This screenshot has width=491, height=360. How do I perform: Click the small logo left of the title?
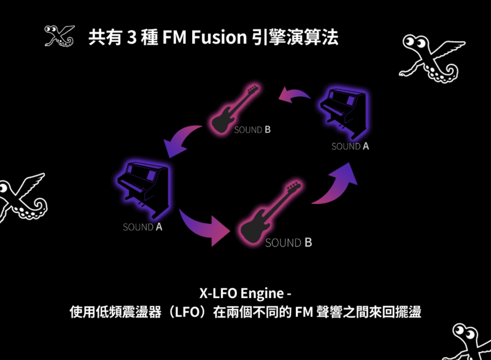pos(60,36)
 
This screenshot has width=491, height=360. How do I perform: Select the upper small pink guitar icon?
pos(233,109)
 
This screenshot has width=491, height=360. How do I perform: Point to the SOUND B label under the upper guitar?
pos(252,130)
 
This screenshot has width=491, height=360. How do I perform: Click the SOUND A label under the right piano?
pos(350,147)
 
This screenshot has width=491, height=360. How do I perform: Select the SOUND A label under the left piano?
pos(142,227)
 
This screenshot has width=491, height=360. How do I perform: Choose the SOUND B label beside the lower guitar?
pos(288,243)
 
